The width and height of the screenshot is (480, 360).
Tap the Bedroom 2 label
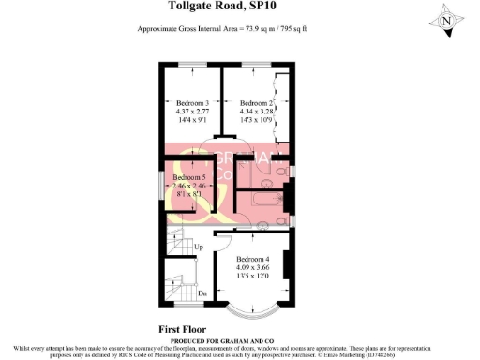(x=255, y=103)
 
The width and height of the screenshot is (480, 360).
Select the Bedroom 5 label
(x=190, y=177)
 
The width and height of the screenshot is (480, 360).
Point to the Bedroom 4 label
(x=253, y=259)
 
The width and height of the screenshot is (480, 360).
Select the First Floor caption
(x=184, y=330)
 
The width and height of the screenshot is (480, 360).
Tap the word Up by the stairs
(x=198, y=247)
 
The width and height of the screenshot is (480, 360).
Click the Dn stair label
(x=202, y=292)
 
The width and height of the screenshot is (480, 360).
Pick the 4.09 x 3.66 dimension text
(x=253, y=268)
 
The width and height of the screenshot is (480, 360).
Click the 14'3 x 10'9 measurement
(x=255, y=121)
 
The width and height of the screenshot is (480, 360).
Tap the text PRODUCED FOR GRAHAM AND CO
(x=240, y=339)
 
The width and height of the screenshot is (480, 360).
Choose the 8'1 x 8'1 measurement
(x=190, y=195)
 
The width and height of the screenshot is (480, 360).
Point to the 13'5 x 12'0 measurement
(x=253, y=277)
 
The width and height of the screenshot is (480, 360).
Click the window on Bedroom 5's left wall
(x=161, y=186)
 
